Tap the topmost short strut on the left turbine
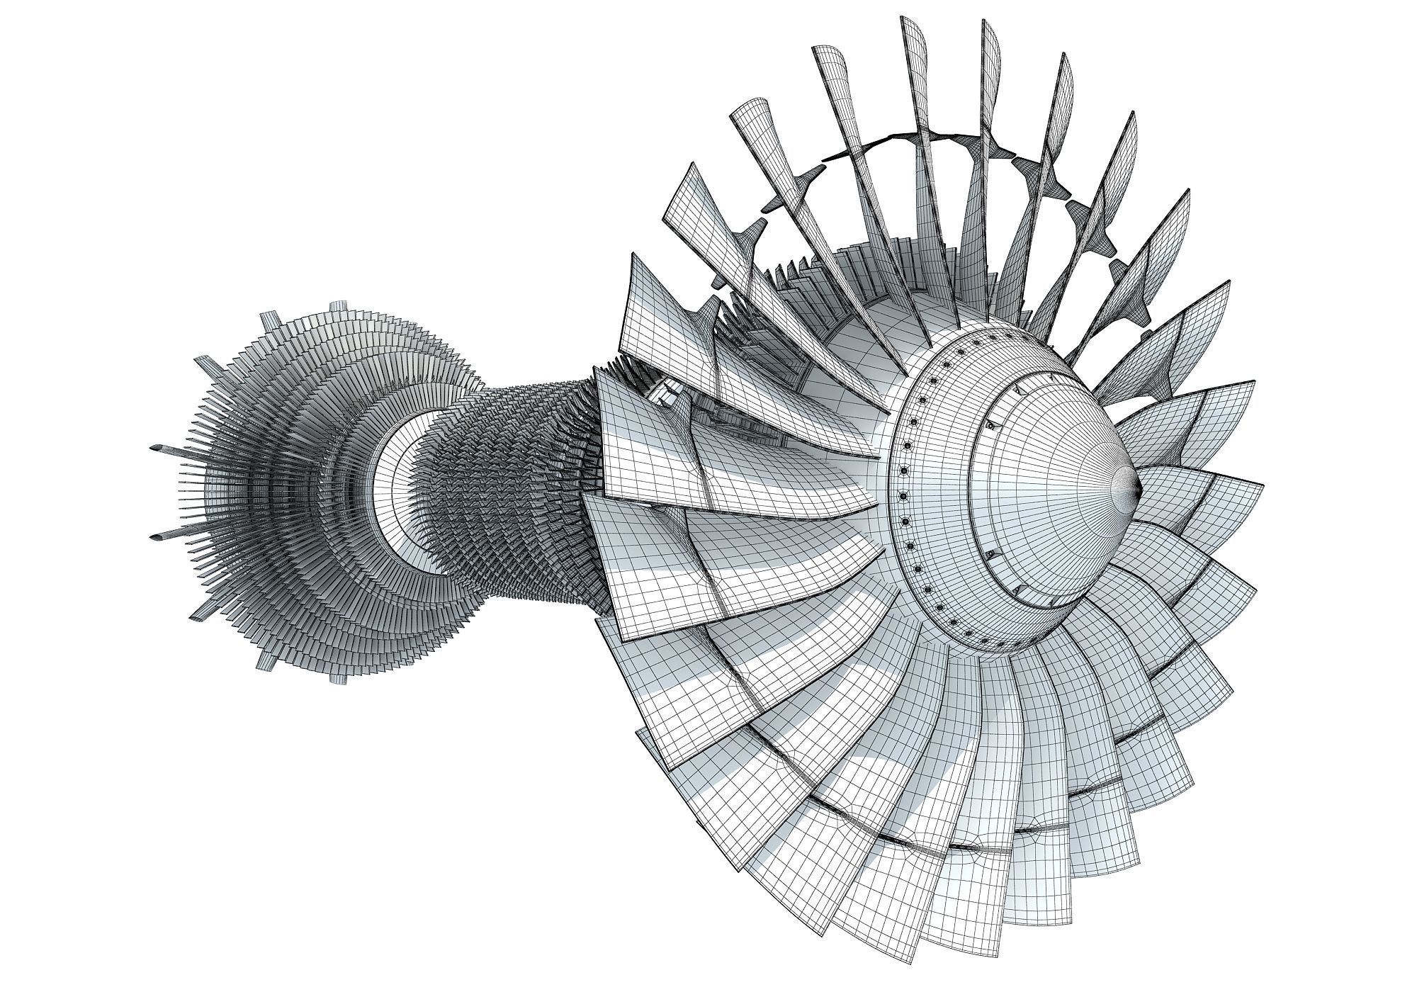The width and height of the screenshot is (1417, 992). (x=333, y=307)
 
